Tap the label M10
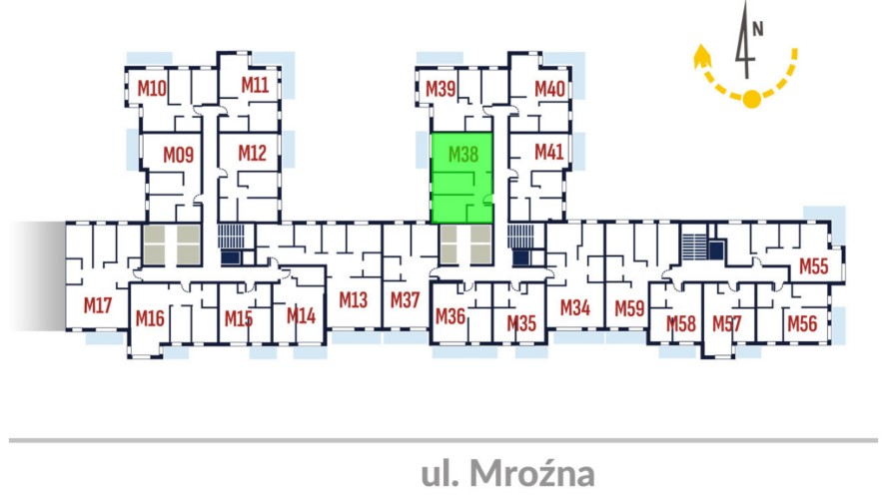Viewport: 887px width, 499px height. (151, 88)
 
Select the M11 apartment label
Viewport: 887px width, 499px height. (255, 86)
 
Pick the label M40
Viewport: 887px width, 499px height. (549, 88)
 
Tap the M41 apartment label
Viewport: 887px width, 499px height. (548, 152)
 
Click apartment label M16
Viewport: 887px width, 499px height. (150, 318)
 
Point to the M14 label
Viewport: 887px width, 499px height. (301, 315)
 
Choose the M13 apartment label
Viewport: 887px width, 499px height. (353, 298)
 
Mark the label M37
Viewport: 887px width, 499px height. (405, 298)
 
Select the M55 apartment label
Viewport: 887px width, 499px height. (814, 266)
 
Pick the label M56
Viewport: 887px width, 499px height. (802, 322)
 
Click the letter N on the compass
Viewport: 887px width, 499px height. (758, 28)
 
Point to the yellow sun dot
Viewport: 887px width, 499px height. (751, 98)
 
